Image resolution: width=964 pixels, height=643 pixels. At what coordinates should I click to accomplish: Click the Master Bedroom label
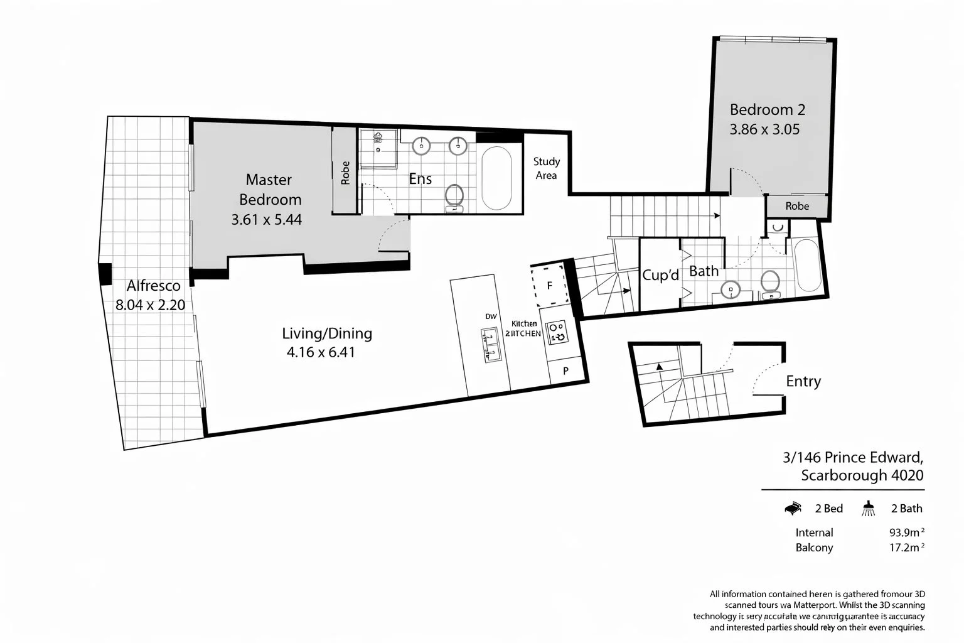click(x=270, y=190)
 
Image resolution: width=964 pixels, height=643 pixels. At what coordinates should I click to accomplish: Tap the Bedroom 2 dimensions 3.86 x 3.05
click(x=764, y=130)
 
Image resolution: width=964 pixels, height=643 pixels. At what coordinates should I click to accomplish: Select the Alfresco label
click(x=153, y=286)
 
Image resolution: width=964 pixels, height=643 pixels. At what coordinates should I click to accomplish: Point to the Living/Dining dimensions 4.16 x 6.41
click(x=321, y=352)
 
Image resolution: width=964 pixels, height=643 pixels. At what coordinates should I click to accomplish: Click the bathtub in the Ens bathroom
click(x=496, y=178)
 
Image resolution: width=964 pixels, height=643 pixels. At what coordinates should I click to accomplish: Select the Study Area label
click(x=546, y=168)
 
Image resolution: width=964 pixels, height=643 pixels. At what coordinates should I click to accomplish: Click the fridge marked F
click(x=550, y=286)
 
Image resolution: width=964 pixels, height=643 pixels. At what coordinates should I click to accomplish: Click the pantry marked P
click(x=565, y=371)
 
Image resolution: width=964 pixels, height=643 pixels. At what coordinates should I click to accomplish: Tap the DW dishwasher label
click(x=491, y=317)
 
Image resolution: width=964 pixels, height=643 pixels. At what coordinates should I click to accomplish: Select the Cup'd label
click(x=660, y=275)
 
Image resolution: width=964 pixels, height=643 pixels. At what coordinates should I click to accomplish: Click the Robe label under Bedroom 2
click(x=797, y=206)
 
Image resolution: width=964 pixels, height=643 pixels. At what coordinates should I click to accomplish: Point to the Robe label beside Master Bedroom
click(x=345, y=173)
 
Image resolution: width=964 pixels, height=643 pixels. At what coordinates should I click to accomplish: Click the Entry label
click(x=803, y=381)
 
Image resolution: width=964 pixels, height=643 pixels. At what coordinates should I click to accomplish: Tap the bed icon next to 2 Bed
click(x=793, y=508)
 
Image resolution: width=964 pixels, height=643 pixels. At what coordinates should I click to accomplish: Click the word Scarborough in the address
click(x=843, y=475)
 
